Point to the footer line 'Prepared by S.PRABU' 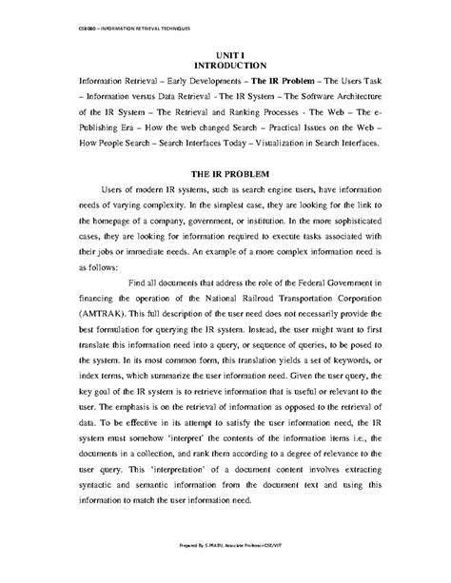pyautogui.click(x=225, y=571)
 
